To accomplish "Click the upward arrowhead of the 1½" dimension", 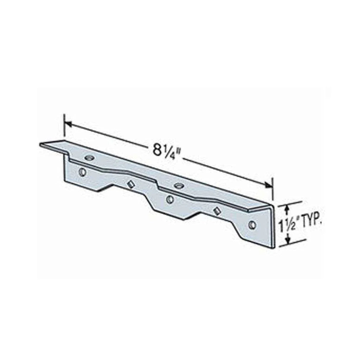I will click(286, 209).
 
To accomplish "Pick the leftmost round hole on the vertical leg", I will click(82, 172).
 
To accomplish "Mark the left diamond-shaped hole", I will click(129, 184).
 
